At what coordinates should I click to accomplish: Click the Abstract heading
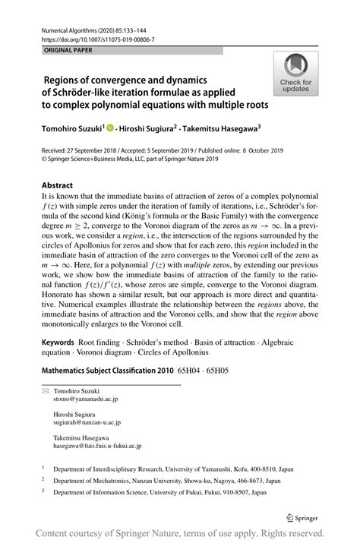(58, 185)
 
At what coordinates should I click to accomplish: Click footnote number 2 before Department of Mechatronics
(43, 502)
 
